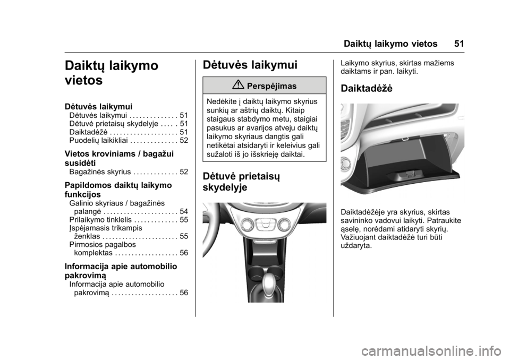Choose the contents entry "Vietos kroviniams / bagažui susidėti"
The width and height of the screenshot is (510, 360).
coord(119,158)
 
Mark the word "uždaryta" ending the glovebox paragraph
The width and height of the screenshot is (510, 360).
coord(357,246)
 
